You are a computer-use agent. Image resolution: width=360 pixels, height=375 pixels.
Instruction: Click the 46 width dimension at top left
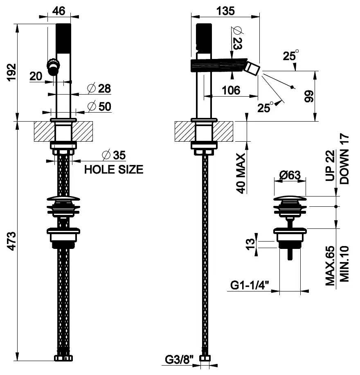pos(59,11)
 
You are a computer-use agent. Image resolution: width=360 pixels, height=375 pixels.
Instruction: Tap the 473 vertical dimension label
pos(11,242)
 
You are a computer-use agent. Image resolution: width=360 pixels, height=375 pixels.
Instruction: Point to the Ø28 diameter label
pos(99,88)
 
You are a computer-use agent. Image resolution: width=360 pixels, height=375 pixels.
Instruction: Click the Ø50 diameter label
pos(99,106)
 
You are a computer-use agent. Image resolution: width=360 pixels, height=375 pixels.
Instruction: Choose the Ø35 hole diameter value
pos(113,155)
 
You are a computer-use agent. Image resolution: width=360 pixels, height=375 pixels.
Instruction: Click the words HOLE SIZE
pos(114,169)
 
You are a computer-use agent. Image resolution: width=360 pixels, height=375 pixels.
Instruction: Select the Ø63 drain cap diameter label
pos(290,175)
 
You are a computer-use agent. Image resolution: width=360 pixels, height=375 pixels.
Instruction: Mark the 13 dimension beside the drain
pos(251,244)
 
